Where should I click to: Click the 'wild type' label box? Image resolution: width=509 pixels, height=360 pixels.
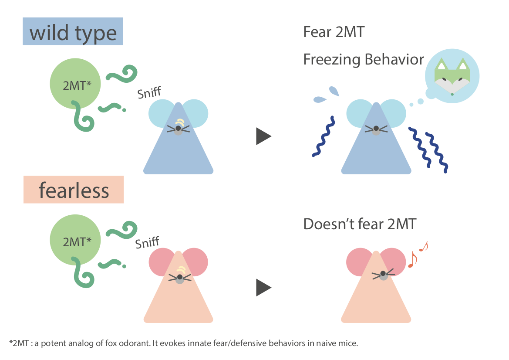(x=73, y=32)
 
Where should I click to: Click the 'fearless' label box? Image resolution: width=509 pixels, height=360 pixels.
(x=74, y=190)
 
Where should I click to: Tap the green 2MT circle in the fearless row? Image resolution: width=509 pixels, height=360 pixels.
(x=77, y=242)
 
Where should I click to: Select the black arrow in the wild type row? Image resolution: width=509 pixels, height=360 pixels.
(x=263, y=137)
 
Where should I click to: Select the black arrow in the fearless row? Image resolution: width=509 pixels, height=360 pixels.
(x=263, y=288)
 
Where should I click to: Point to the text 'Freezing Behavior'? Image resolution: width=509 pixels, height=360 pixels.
(x=363, y=59)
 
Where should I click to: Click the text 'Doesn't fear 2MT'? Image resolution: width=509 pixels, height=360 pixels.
(x=360, y=224)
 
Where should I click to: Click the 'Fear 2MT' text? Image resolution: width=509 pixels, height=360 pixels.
(x=333, y=32)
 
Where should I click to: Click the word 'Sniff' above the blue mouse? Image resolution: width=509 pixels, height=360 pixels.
(x=149, y=93)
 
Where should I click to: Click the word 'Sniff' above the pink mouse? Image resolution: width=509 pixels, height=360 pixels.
(x=147, y=243)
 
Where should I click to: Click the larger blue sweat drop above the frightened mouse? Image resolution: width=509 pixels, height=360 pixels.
(x=334, y=91)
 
